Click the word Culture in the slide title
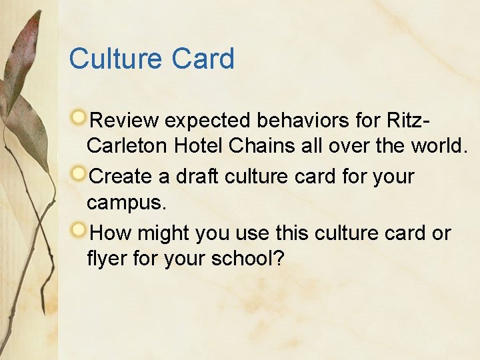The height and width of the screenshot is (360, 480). (114, 59)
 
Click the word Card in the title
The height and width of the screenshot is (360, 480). (203, 59)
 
